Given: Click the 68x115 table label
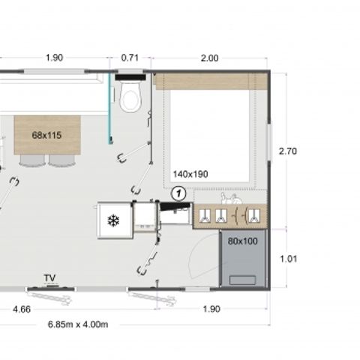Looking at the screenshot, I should (x=46, y=135).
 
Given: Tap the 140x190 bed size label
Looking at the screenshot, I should (x=190, y=174).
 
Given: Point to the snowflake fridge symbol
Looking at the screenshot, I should (x=114, y=220).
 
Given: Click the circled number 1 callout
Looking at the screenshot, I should (x=178, y=192).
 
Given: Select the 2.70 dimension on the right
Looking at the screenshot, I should (x=288, y=151).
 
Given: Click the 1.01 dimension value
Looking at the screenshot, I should (x=288, y=259).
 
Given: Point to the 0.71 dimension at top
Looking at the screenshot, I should (x=130, y=58).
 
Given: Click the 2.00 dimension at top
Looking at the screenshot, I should (x=209, y=58).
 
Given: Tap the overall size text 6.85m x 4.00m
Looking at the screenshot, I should (x=78, y=324).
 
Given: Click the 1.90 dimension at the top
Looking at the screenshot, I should (x=53, y=58).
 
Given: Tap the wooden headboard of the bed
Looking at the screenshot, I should (x=210, y=82).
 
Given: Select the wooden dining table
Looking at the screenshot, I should (x=46, y=135).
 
